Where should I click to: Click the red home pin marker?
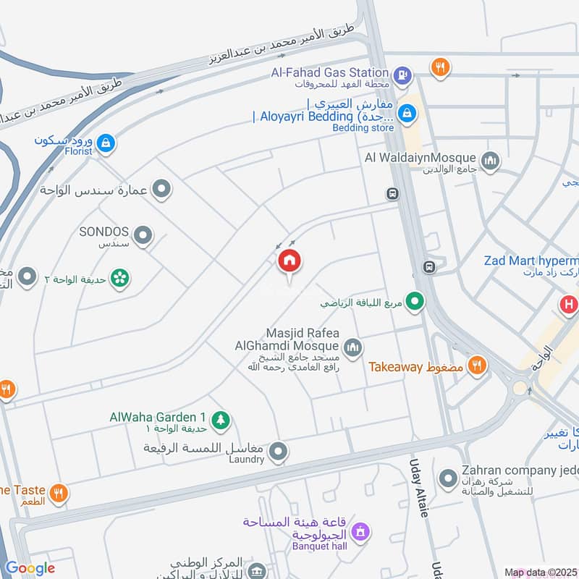[x=289, y=261]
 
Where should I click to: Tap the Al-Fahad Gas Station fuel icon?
[x=402, y=73]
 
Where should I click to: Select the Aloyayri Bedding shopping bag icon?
[x=407, y=113]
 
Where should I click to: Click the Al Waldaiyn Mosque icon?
[x=490, y=159]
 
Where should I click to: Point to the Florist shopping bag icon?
[x=106, y=143]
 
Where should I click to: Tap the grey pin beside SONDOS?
[x=144, y=234]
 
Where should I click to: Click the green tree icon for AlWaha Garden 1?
[x=221, y=419]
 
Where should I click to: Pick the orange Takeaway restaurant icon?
[x=476, y=365]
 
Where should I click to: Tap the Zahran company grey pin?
[x=448, y=478]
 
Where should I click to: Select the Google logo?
[x=30, y=568]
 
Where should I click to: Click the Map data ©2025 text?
[x=539, y=572]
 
